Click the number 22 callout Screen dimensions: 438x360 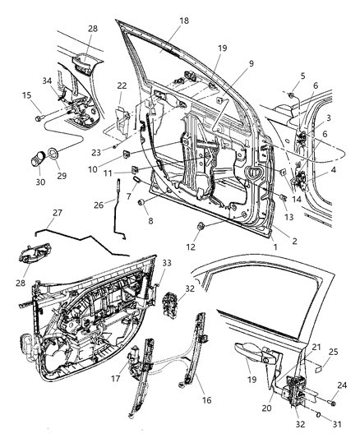click(x=122, y=86)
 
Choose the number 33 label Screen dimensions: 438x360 click(x=167, y=263)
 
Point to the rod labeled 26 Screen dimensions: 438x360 click(x=121, y=195)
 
